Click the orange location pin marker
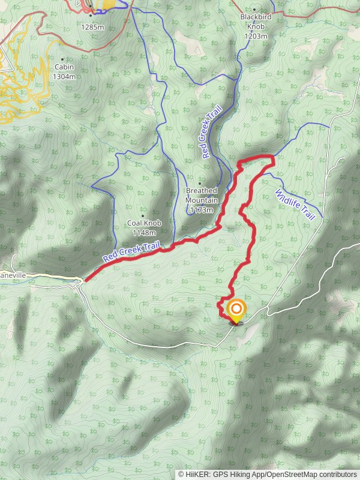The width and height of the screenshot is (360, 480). click(x=236, y=310)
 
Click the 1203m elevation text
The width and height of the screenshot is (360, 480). click(x=255, y=36)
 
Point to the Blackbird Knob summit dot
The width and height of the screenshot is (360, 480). click(x=254, y=10)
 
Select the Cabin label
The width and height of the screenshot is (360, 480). click(x=64, y=67)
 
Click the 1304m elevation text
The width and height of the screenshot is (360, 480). click(x=64, y=76)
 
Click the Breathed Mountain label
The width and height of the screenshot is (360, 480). click(x=201, y=196)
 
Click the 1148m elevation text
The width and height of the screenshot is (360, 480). click(x=143, y=233)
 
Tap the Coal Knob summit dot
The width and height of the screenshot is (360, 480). click(x=143, y=215)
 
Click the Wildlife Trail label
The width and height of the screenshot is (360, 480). click(x=295, y=204)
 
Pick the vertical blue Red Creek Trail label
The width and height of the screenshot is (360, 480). click(x=212, y=132)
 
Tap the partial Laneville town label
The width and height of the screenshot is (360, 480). click(x=12, y=274)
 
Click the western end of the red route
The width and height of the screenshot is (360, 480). click(x=86, y=280)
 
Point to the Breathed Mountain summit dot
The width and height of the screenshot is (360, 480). click(x=200, y=183)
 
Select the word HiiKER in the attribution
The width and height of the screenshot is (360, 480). click(x=198, y=474)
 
